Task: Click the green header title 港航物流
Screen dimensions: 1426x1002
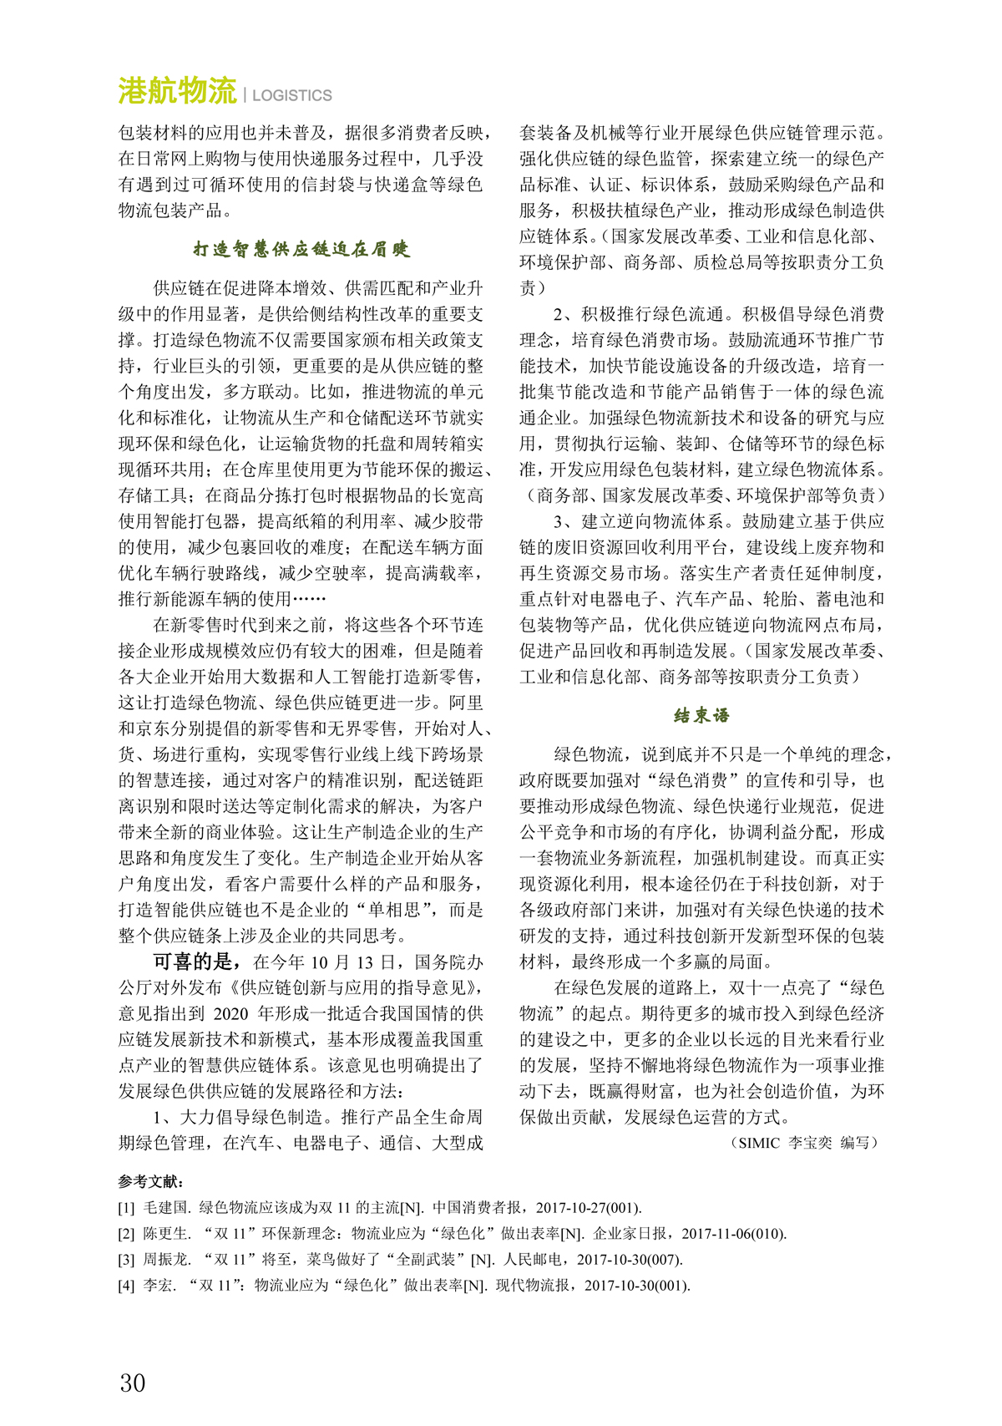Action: tap(177, 91)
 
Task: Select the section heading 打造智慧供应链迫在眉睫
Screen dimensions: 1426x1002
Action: tap(301, 249)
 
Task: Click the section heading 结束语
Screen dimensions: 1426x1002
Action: tap(701, 715)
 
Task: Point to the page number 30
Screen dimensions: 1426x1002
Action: tap(133, 1383)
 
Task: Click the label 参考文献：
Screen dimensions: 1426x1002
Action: tap(151, 1182)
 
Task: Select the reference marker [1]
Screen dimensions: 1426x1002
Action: tap(126, 1208)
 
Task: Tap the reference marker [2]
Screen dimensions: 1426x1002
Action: tap(126, 1234)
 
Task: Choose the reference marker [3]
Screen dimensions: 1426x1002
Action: tap(126, 1260)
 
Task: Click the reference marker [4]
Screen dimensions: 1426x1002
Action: tap(126, 1286)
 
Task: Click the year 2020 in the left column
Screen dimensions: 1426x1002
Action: tap(231, 1014)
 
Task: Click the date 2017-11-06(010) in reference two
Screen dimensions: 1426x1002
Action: tap(733, 1234)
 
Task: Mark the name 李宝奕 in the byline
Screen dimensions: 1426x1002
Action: tap(810, 1143)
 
